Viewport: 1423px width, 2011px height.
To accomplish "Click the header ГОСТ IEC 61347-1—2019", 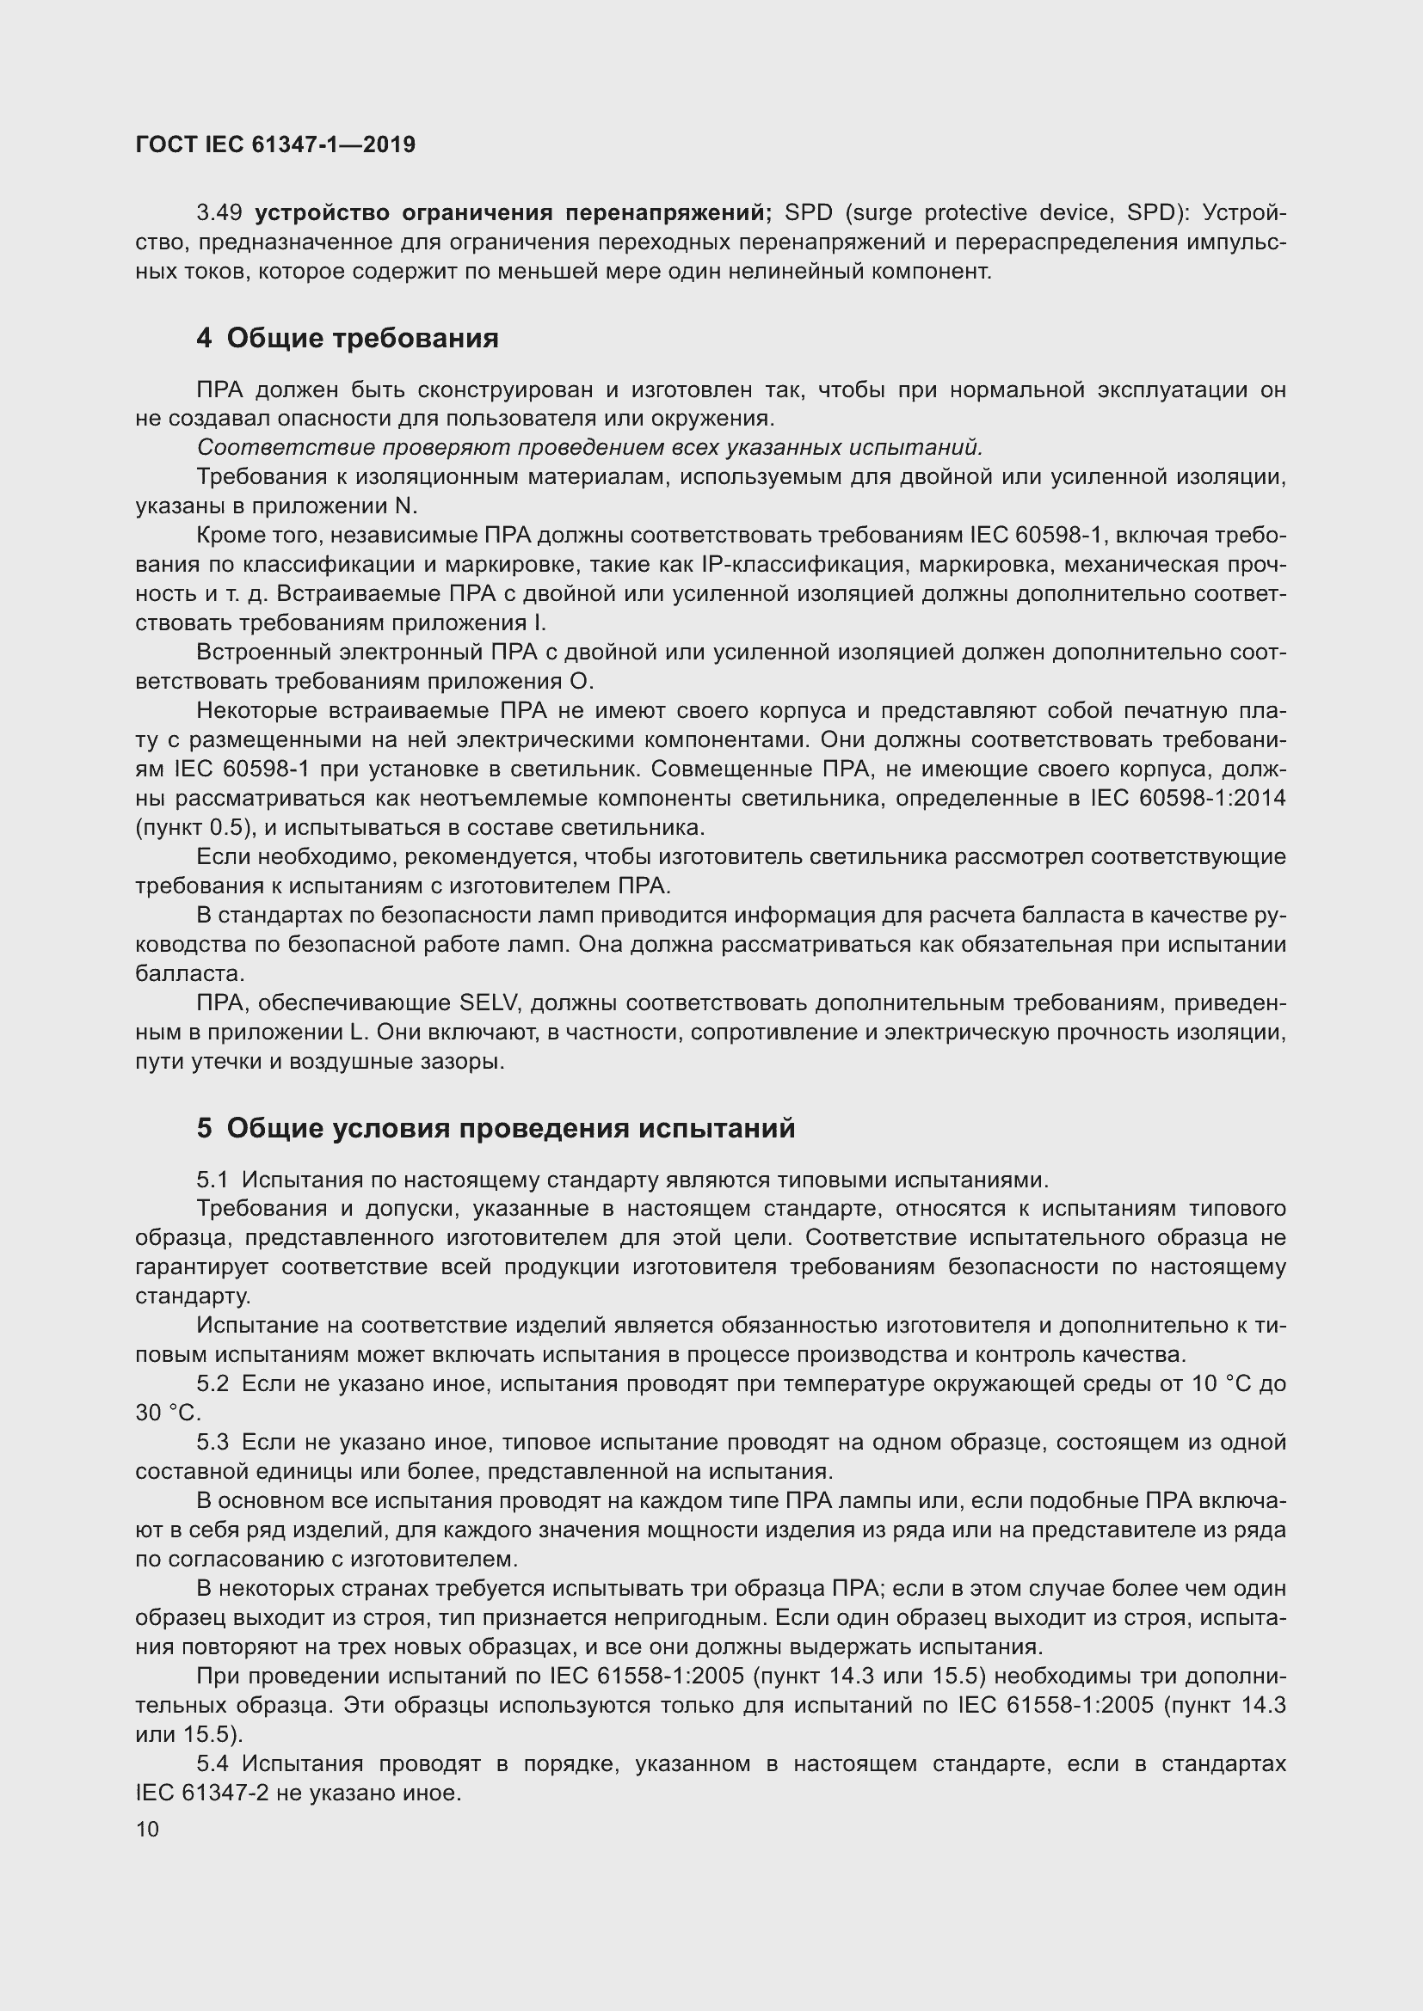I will (275, 145).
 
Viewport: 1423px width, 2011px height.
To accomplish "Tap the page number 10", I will (147, 1829).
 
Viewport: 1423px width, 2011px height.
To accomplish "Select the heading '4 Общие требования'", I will (347, 338).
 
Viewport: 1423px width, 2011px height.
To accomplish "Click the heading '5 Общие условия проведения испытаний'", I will (496, 1128).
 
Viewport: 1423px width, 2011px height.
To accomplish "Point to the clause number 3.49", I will (219, 213).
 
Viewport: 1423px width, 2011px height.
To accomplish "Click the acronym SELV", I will (490, 1002).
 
